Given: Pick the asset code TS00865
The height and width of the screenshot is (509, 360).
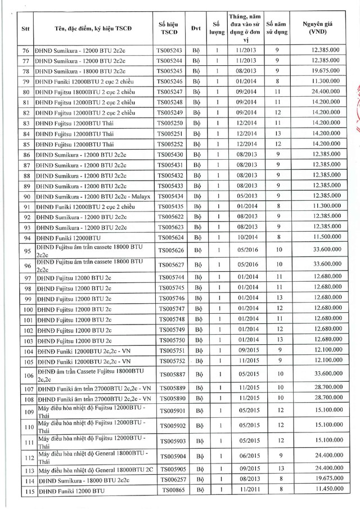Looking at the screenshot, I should point(169,491).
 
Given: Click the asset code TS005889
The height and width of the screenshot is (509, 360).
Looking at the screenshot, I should point(169,389).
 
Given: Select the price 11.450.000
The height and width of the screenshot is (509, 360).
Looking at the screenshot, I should point(325,491).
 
